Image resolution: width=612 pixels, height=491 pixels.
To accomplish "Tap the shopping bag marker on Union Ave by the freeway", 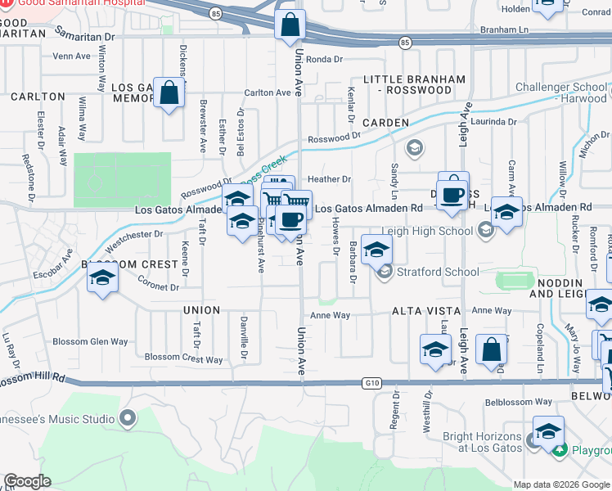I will click(290, 26).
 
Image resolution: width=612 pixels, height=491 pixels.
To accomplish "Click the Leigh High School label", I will click(427, 232).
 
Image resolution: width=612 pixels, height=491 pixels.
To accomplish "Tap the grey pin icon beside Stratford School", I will click(385, 272).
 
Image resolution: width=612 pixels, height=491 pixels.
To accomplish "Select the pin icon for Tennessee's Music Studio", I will click(127, 419).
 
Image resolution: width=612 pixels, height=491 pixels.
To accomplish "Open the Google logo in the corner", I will click(27, 482).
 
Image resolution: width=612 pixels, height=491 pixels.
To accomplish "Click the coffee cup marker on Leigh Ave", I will click(452, 194).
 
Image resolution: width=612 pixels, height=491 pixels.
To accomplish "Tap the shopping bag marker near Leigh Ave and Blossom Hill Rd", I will click(492, 349).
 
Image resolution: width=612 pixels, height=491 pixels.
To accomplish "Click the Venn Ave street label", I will click(71, 56).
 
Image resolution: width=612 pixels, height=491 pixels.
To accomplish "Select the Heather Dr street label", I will click(329, 179).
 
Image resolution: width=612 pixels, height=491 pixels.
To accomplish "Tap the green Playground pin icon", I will click(559, 449).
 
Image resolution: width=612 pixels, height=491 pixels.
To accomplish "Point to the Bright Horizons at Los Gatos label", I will click(483, 443).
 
